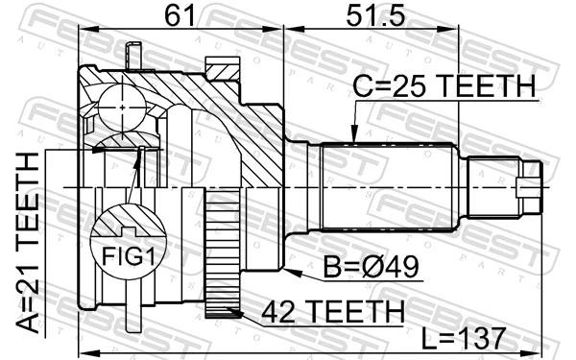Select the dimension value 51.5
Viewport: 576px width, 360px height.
point(364,16)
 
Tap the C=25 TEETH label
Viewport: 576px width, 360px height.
point(442,88)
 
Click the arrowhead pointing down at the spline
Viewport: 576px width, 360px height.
point(354,138)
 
